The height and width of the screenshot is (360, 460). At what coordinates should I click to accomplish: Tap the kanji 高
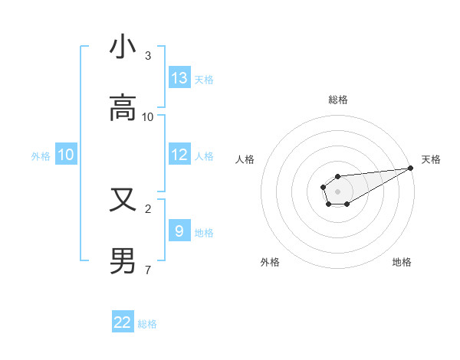[123, 109]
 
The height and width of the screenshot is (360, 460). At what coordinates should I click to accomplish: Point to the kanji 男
[123, 261]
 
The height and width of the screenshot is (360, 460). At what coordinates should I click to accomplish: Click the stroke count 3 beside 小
[148, 56]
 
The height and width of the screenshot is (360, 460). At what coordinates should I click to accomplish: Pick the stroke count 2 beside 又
[148, 208]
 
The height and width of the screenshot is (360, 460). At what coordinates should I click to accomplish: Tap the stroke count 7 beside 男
[148, 270]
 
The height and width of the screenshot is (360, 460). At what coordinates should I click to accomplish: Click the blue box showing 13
[179, 78]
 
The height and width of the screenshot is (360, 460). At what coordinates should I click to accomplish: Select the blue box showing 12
[179, 155]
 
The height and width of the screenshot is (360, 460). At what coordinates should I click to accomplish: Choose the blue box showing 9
[179, 231]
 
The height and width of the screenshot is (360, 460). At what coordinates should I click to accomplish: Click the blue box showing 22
[123, 322]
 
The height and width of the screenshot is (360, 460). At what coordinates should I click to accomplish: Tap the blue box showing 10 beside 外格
[66, 155]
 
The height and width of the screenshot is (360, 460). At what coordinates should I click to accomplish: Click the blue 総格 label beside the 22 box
[147, 324]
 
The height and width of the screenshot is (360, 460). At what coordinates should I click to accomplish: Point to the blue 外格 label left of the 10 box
[41, 156]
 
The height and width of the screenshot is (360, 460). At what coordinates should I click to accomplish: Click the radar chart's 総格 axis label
[337, 100]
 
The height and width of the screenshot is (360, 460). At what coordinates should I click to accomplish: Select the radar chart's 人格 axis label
[245, 159]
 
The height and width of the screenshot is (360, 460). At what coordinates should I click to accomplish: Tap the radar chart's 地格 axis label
[402, 262]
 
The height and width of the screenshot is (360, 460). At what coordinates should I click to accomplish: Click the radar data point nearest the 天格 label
[410, 168]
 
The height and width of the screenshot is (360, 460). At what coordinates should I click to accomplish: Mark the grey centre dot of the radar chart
[337, 191]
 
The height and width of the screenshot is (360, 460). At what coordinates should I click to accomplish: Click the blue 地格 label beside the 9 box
[204, 233]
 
